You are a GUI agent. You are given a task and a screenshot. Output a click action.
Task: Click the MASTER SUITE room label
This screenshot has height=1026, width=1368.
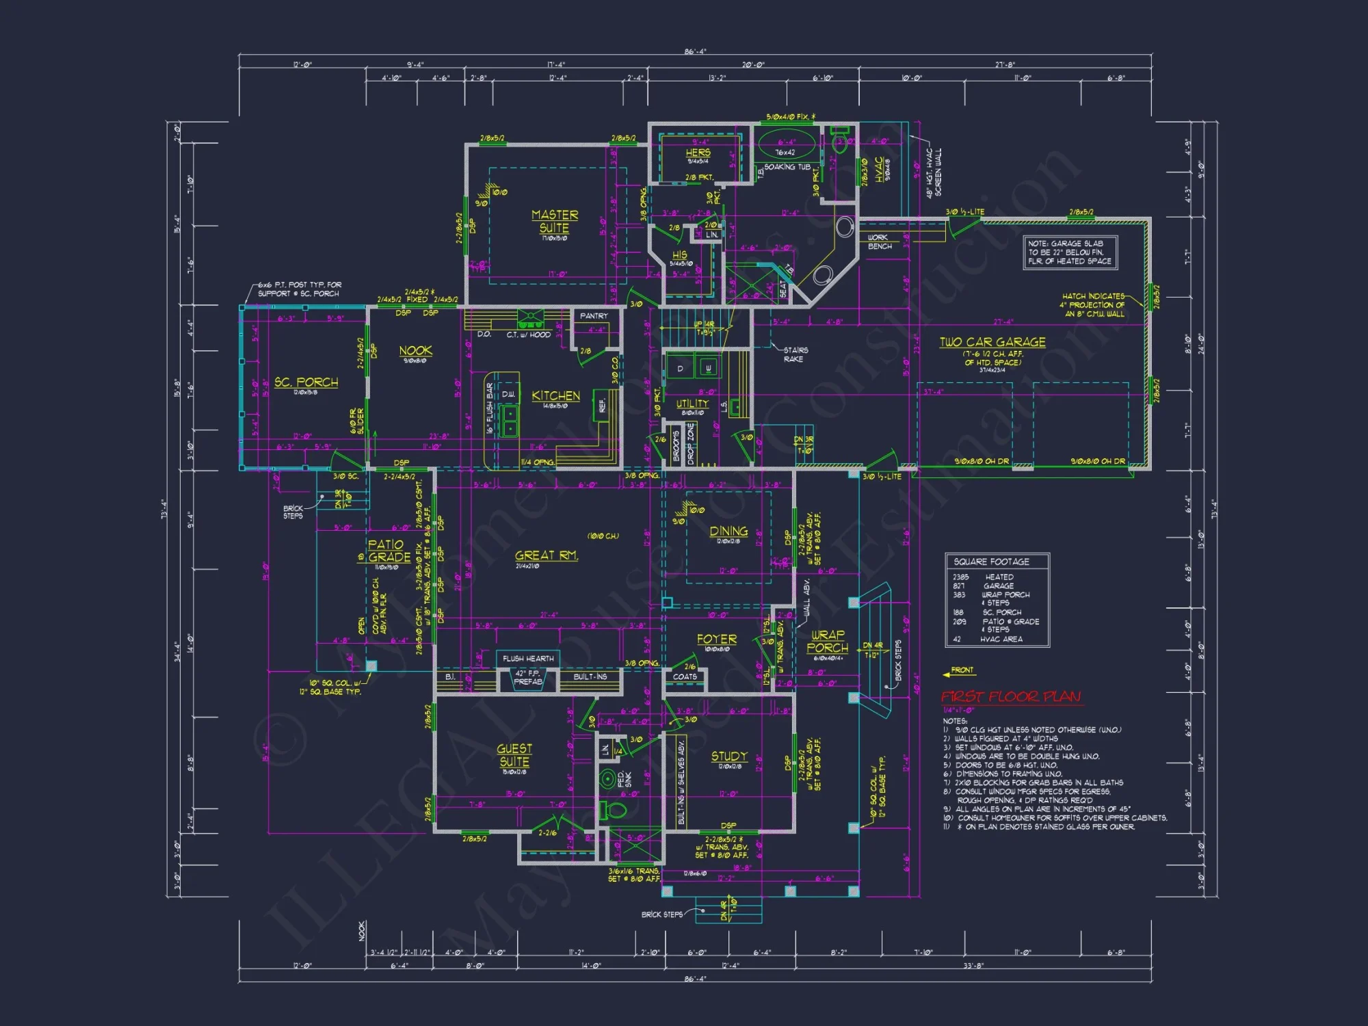pos(554,221)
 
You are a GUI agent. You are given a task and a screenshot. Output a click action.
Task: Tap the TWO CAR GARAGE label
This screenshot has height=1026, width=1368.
pos(992,342)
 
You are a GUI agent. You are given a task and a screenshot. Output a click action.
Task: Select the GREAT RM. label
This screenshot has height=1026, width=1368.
pos(546,555)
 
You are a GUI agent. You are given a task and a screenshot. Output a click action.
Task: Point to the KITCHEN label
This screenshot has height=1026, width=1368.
pos(555,395)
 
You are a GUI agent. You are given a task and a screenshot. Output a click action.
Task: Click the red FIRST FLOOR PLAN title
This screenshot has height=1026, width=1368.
pos(1011,696)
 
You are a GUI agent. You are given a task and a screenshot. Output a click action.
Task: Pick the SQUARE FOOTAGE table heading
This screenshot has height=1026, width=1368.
pos(991,562)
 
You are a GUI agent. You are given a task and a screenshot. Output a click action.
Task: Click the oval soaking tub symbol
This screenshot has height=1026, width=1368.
pos(785,145)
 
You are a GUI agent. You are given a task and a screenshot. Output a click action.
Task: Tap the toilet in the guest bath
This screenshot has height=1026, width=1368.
pos(613,811)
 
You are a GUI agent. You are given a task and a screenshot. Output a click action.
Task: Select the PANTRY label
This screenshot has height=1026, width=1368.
pos(593,316)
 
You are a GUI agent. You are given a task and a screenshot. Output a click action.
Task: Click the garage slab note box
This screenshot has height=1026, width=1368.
pos(1070,252)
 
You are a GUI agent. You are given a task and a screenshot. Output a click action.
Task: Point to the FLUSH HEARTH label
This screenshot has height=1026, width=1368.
pos(528,659)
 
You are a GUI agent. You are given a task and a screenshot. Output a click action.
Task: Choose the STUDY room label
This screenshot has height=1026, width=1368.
pos(729,756)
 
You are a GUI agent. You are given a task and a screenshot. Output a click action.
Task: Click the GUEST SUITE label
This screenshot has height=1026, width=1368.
pos(514,755)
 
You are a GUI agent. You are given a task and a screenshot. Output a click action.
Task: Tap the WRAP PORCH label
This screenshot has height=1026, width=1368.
pos(828,641)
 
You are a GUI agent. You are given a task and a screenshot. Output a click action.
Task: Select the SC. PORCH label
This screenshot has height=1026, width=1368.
pos(306,382)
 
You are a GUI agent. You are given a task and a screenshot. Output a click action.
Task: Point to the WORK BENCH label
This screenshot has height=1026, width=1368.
pos(879,241)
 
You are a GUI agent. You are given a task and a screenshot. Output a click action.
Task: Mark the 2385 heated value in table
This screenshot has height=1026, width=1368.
pos(960,577)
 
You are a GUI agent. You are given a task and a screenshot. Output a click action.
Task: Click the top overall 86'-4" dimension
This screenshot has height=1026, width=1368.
pos(695,52)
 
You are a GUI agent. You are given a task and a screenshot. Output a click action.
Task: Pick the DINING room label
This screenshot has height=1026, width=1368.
pos(728,531)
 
